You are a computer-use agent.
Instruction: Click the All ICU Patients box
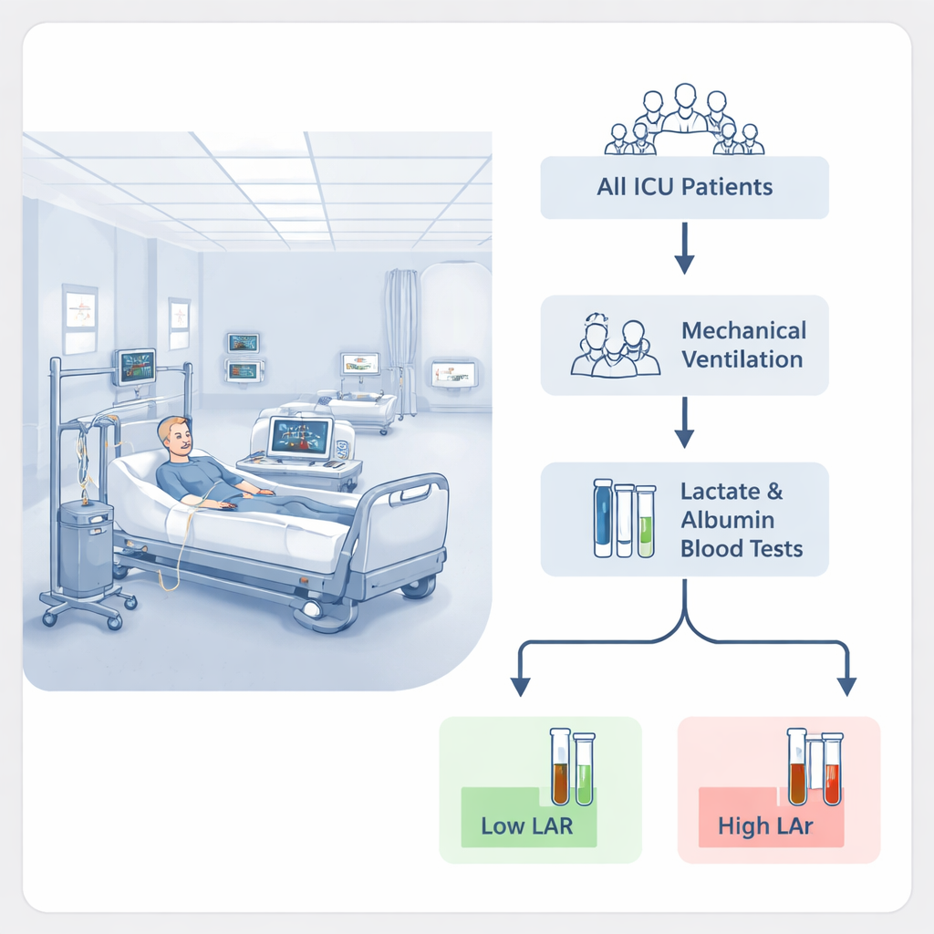pos(684,188)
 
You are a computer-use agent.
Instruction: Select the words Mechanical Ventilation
pos(743,345)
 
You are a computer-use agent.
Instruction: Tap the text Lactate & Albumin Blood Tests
pos(742,519)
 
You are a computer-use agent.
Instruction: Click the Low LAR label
pos(526,825)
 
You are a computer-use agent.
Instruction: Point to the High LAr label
pos(765,825)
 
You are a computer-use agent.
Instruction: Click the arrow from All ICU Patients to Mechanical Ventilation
pos(684,248)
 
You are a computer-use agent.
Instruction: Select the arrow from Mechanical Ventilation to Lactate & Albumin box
pos(684,422)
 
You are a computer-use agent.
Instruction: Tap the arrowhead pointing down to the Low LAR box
pos(520,687)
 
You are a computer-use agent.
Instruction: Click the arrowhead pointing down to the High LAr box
pos(846,687)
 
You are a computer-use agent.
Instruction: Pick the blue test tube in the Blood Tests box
pos(603,518)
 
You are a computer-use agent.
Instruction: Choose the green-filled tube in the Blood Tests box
pos(645,521)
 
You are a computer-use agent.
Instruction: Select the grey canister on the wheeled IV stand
pos(86,548)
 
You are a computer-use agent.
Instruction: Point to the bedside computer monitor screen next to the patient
pos(300,438)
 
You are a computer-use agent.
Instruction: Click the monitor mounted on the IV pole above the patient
pos(135,367)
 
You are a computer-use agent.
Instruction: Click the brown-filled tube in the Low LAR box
pos(560,766)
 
